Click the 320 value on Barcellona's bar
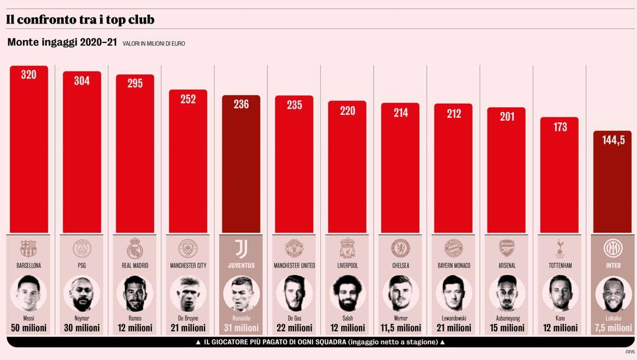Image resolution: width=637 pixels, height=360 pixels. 28,75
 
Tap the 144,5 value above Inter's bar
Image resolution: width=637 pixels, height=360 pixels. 612,140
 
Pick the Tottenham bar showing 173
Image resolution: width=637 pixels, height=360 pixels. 560,177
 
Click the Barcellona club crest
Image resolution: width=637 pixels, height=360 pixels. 28,248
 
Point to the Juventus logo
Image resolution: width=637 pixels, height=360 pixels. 241,248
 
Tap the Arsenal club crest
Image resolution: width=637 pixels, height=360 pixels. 507,248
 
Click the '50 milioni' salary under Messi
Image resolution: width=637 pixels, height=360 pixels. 28,328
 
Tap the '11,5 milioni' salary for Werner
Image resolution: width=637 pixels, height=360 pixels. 401,328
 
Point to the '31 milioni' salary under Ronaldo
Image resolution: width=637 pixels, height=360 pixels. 241,328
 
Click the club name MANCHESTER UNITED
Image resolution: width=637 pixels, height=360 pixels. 295,266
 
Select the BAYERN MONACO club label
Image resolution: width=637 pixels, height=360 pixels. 454,266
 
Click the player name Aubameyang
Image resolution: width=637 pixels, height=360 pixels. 507,318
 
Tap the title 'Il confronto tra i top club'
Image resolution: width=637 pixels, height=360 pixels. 80,19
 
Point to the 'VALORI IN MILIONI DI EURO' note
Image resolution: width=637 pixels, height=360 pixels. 154,44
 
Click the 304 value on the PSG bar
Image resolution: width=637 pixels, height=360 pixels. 82,81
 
